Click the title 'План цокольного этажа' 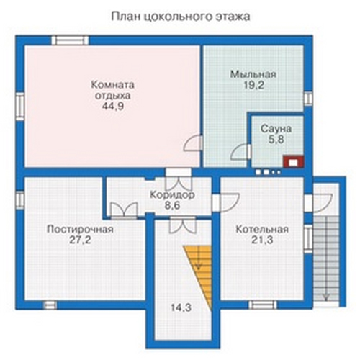(181, 17)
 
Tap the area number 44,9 (113, 106)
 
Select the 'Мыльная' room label (253, 74)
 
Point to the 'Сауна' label (276, 129)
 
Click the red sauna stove (293, 161)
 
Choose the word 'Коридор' (172, 195)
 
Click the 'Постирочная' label (80, 230)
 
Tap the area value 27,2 (80, 240)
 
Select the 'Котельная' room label (262, 230)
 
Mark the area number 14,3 (181, 307)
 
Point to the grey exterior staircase (326, 258)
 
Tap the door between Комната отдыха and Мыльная (193, 143)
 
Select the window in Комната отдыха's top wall (70, 40)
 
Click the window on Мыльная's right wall (308, 99)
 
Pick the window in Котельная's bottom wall (263, 305)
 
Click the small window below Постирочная (50, 305)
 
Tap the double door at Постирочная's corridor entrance (124, 211)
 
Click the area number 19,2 (254, 85)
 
